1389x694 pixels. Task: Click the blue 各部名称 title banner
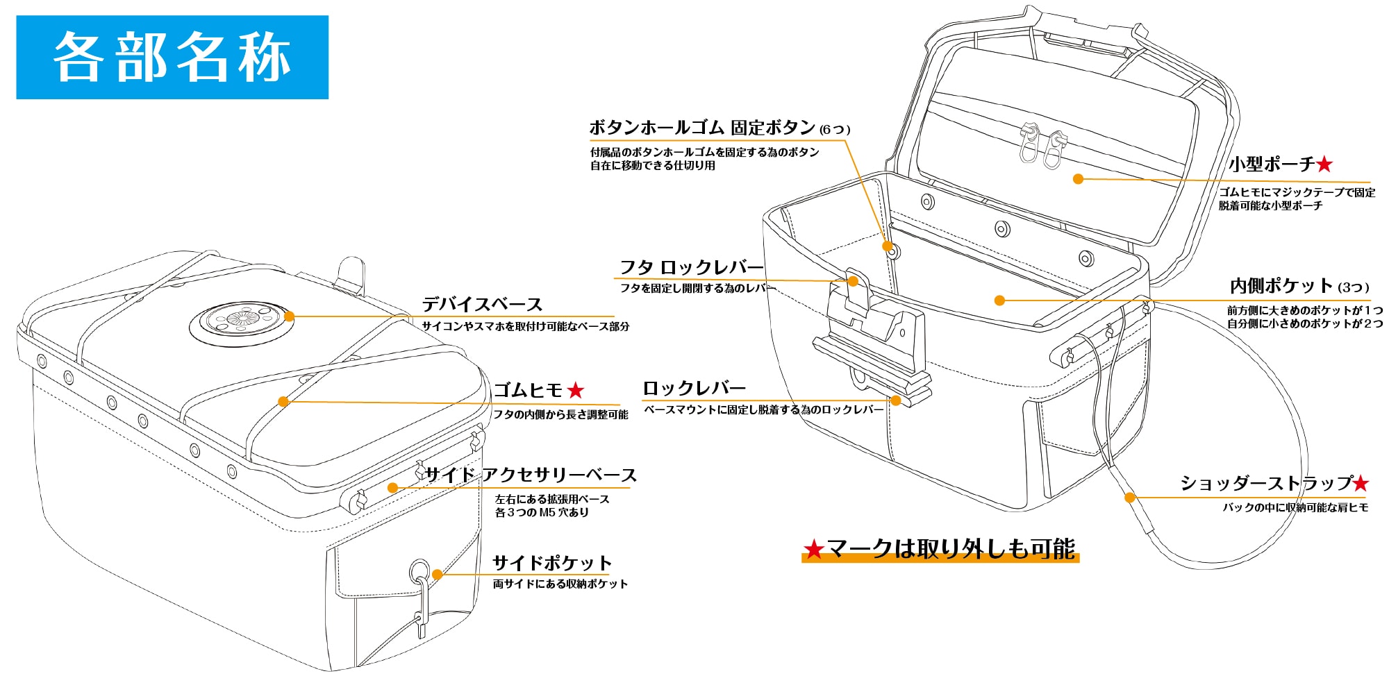pyautogui.click(x=172, y=57)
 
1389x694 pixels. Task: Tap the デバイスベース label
pyautogui.click(x=482, y=305)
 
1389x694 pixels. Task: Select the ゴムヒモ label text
pyautogui.click(x=528, y=391)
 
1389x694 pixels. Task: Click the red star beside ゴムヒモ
pyautogui.click(x=575, y=391)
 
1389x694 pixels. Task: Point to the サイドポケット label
pyautogui.click(x=552, y=563)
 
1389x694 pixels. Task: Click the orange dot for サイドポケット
pyautogui.click(x=437, y=574)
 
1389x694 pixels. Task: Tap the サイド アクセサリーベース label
pyautogui.click(x=531, y=475)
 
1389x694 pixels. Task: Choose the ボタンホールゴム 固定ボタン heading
pyautogui.click(x=702, y=128)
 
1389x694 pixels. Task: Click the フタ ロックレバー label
pyautogui.click(x=691, y=268)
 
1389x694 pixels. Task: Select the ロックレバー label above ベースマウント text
pyautogui.click(x=694, y=389)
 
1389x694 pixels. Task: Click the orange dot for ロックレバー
pyautogui.click(x=896, y=400)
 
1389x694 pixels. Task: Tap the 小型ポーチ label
pyautogui.click(x=1272, y=164)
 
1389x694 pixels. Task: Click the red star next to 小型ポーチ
pyautogui.click(x=1324, y=164)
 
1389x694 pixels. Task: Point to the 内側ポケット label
pyautogui.click(x=1281, y=286)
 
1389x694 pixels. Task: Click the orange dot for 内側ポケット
pyautogui.click(x=999, y=301)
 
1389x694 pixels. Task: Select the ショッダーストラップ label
pyautogui.click(x=1267, y=483)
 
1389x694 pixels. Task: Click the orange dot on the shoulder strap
pyautogui.click(x=1130, y=497)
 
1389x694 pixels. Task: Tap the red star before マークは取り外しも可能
pyautogui.click(x=813, y=550)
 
